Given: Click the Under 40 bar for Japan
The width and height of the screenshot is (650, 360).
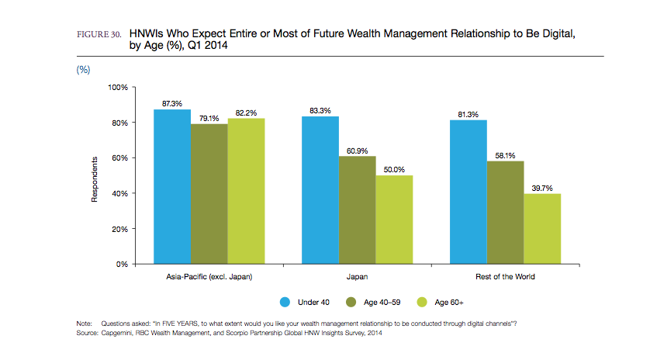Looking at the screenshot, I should coord(320,190).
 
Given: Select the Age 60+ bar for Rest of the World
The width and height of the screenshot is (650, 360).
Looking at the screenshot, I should coord(542,229).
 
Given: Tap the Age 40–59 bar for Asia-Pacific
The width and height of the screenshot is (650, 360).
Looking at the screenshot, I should coord(209,194).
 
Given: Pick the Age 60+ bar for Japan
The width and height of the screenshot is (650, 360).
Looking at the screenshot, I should coord(395,220).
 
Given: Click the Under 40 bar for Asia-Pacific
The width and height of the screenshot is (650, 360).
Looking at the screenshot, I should coord(172,186).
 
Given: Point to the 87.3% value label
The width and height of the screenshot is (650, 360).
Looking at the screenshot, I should coord(172,103).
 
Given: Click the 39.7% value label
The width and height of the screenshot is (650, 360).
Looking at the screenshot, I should coord(542,187).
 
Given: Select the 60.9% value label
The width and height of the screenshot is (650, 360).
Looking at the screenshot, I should coord(358,150).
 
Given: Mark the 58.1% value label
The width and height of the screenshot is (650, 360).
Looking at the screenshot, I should coord(505,154).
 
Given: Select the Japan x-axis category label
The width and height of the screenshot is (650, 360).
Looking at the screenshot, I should coord(358,276).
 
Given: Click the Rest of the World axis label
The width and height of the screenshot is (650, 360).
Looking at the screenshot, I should coord(506,276).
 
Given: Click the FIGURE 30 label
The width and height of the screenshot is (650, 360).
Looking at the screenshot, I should coord(98,36).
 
